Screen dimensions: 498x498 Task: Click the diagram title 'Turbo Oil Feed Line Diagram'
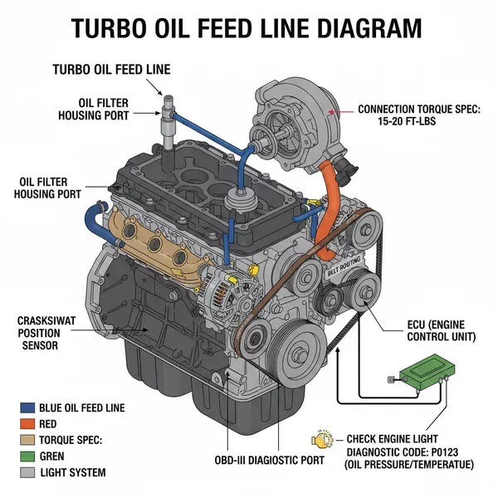click(246, 28)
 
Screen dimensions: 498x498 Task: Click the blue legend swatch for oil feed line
click(27, 408)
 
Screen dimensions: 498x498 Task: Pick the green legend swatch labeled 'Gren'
click(27, 456)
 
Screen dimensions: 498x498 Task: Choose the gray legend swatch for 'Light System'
click(27, 472)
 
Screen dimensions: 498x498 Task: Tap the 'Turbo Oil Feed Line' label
click(111, 70)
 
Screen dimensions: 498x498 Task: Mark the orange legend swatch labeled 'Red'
click(27, 423)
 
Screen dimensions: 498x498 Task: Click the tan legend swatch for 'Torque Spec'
click(27, 440)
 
